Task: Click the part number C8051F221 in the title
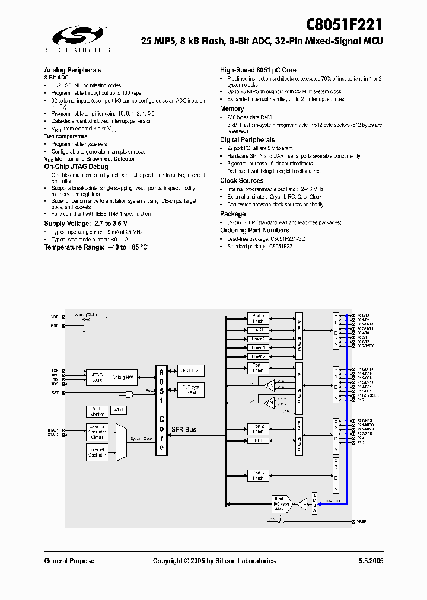[344, 24]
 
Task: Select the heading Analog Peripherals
[72, 69]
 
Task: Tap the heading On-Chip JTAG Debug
[76, 168]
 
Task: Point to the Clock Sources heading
[242, 180]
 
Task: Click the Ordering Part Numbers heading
[254, 230]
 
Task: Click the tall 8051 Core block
[161, 409]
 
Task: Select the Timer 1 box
[258, 347]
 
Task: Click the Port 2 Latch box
[258, 429]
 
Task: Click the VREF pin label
[362, 521]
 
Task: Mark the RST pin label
[55, 392]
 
